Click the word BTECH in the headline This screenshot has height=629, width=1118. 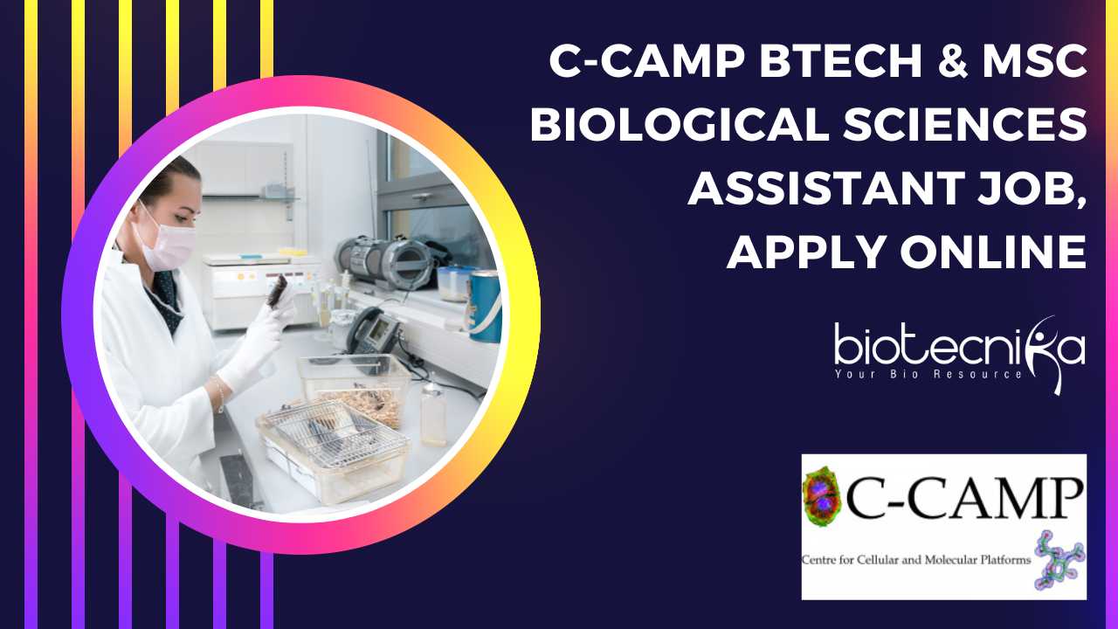click(x=840, y=61)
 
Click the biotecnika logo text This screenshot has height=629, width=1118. click(x=959, y=345)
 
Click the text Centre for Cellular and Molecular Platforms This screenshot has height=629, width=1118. click(x=916, y=560)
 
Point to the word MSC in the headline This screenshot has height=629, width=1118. click(x=1035, y=61)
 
